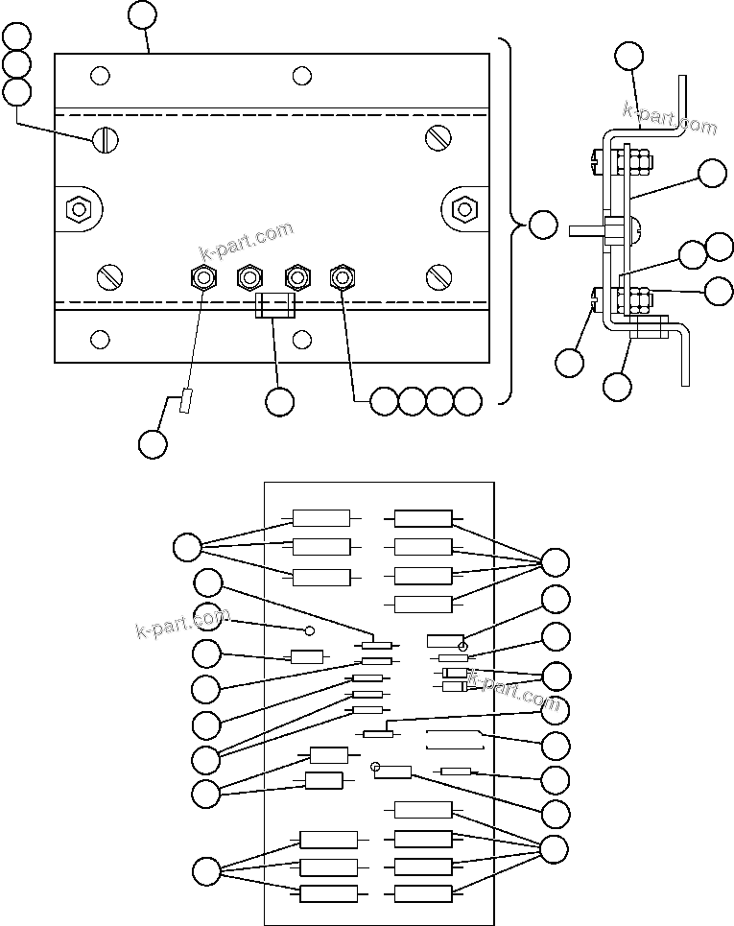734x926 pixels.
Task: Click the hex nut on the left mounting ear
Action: point(76,207)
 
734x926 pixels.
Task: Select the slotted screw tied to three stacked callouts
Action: point(106,140)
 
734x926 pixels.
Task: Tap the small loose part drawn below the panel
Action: point(186,401)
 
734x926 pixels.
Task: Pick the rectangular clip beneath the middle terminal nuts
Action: point(275,306)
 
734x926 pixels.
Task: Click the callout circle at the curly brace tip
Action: point(542,226)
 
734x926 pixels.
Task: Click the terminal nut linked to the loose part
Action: point(203,278)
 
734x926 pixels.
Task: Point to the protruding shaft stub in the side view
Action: point(585,230)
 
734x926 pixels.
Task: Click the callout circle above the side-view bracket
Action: point(630,56)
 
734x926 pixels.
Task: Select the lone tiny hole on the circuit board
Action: point(309,630)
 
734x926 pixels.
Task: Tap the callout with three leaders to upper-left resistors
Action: point(187,548)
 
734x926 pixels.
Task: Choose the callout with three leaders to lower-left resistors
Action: point(206,871)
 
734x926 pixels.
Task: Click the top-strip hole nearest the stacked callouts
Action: point(99,75)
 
